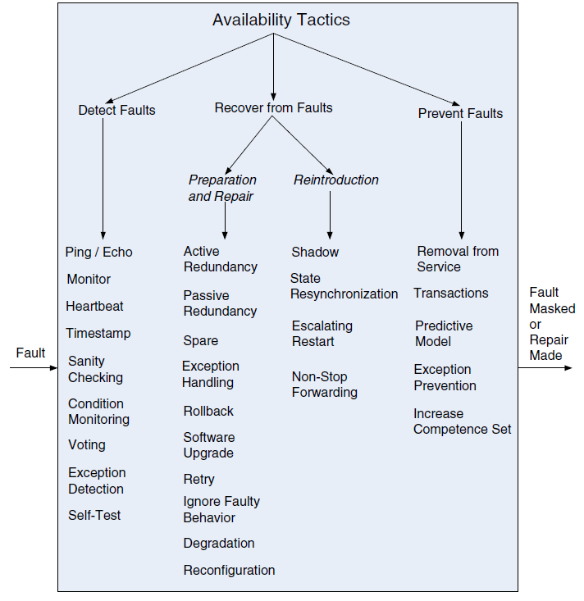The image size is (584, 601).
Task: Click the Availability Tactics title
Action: pos(281,20)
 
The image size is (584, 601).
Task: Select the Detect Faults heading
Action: pos(116,111)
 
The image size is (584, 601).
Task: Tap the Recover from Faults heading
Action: pos(273,107)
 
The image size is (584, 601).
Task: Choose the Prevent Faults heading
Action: pos(460,113)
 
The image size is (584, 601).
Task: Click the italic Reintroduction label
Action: pos(336,180)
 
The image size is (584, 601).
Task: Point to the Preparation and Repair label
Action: pos(222,188)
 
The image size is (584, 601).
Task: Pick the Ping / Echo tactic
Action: pos(98,253)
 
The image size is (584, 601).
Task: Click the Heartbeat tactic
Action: pos(94,307)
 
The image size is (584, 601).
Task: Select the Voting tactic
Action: pos(87,445)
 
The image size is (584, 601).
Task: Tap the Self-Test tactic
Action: pos(94,515)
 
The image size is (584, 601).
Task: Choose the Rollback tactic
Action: pos(208,412)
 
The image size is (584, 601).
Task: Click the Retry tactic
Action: pos(198,480)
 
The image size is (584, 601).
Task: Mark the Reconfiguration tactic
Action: pos(229,571)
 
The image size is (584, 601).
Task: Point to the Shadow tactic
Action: pos(315,253)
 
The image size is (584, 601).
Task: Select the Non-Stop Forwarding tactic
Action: pos(325,385)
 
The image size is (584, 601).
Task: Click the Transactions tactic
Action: pos(450,294)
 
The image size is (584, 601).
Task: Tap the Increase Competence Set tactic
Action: pos(462,421)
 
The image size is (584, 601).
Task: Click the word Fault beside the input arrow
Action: pos(30,353)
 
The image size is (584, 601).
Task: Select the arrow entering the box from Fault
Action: pos(34,368)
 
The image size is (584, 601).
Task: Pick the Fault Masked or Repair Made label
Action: pos(552,324)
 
